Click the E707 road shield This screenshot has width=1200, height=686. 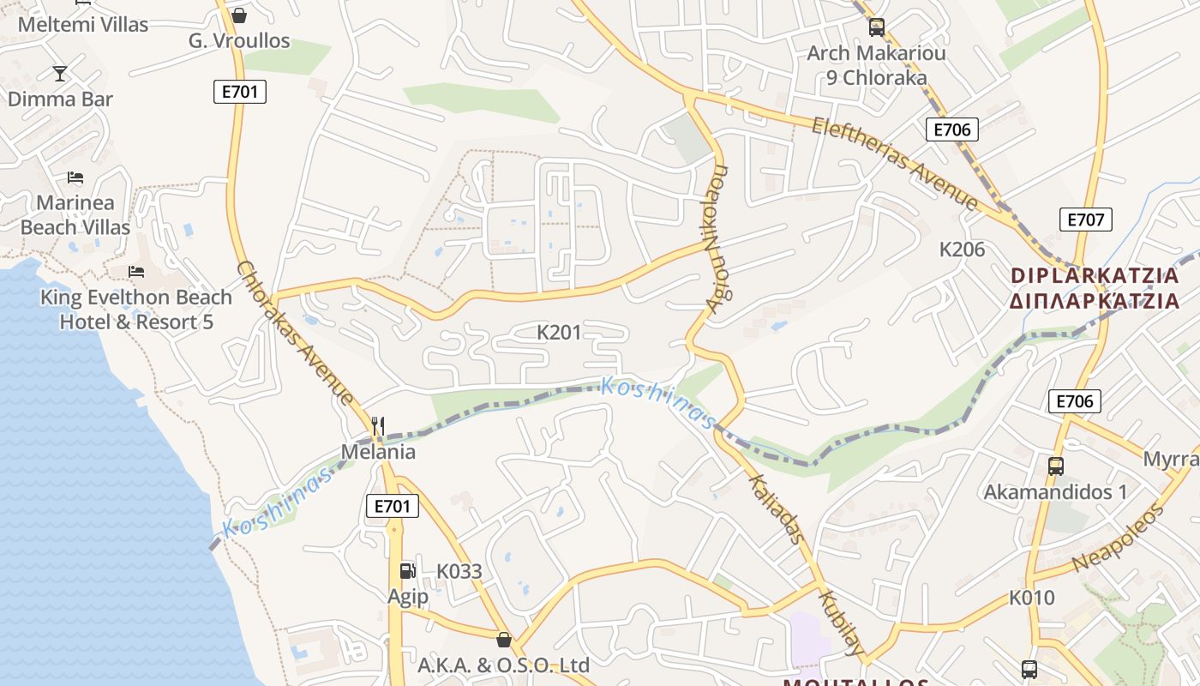[x=1086, y=220]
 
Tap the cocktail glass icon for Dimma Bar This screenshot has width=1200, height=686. [x=60, y=74]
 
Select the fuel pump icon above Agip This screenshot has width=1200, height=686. [x=407, y=570]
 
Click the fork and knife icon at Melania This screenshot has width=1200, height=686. [x=378, y=425]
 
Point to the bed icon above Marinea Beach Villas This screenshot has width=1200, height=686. [x=75, y=178]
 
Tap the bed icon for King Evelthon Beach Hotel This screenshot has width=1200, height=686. [x=136, y=272]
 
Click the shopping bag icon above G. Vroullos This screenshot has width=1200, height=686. [x=239, y=15]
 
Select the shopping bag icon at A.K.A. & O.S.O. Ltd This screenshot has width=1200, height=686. [x=504, y=640]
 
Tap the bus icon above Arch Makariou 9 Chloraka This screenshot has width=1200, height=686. [x=876, y=27]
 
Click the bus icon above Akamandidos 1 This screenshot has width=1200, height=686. [x=1055, y=466]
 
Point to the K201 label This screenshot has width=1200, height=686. [x=559, y=332]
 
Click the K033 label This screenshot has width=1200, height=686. [x=459, y=571]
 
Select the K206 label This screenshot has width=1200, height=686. [x=963, y=250]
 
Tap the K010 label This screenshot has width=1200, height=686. [x=1032, y=598]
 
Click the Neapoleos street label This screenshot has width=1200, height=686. [x=1119, y=539]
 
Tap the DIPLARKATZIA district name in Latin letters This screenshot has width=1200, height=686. [x=1095, y=276]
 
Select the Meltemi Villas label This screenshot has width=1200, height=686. [x=83, y=25]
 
